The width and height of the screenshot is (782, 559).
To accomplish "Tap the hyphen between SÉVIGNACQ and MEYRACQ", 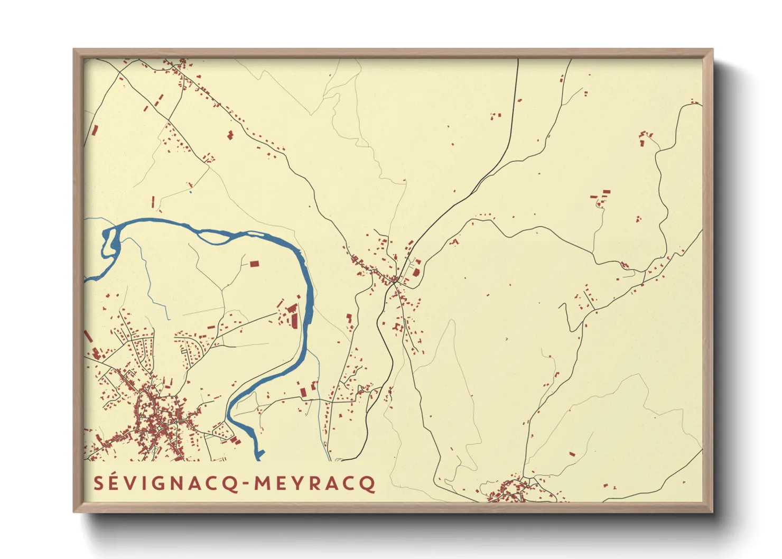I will [246, 483].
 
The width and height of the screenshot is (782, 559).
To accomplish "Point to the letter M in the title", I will [263, 483].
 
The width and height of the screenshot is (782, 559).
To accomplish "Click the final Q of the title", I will [368, 484].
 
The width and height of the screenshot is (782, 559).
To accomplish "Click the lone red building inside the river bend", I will [254, 263].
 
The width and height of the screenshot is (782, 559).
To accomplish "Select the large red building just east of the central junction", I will [416, 273].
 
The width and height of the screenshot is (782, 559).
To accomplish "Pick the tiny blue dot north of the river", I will [190, 191].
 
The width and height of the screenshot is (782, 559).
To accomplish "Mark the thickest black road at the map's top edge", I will [517, 61].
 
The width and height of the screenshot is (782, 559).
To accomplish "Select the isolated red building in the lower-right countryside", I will [572, 453].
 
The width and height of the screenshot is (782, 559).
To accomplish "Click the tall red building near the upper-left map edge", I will [95, 131].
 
